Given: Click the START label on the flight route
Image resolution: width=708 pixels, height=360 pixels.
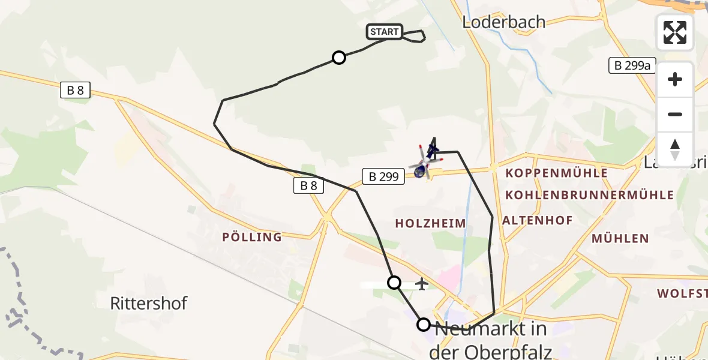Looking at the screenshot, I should click(385, 32).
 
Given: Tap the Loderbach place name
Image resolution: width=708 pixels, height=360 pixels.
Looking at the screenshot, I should click(504, 22).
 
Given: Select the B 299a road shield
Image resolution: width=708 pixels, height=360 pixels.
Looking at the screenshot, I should click(632, 65).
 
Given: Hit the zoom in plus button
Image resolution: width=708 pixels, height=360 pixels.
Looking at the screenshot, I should click(675, 79).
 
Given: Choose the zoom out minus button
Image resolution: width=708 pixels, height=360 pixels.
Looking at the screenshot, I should click(675, 114).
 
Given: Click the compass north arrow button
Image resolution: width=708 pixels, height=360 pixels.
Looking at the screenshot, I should click(675, 149).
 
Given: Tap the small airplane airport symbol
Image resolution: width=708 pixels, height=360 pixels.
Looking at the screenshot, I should click(422, 283).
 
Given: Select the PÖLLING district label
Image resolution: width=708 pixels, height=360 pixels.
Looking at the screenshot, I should click(252, 237).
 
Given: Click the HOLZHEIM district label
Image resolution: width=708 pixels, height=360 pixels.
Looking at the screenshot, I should click(430, 223).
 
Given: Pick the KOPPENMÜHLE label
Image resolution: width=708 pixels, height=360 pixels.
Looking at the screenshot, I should click(557, 173).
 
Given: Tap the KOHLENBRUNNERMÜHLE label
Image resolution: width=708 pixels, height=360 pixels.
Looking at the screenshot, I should click(589, 195).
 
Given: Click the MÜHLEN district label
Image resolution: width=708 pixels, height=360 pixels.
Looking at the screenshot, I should click(620, 238).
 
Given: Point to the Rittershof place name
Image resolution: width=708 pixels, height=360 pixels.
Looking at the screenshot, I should click(149, 303).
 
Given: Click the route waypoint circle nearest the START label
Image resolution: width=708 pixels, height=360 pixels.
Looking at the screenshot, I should click(339, 58).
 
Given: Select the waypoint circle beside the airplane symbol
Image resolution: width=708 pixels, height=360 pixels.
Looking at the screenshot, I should click(394, 282).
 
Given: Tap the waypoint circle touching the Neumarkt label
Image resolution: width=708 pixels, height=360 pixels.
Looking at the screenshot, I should click(423, 325).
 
